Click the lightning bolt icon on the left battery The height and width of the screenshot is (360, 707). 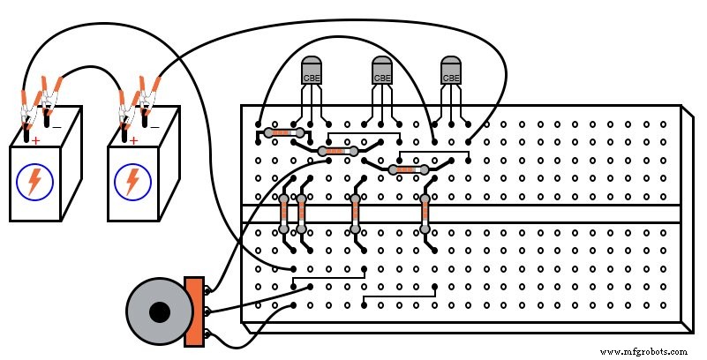point(34,182)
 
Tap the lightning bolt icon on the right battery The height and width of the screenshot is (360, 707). point(132,182)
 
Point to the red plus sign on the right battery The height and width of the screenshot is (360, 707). point(133,139)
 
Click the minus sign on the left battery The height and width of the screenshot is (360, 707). point(56,126)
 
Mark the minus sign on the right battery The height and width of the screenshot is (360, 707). point(154,126)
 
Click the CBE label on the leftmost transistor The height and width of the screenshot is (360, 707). point(312,78)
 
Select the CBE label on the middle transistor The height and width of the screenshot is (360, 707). point(381,78)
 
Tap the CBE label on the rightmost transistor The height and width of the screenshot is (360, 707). point(451,78)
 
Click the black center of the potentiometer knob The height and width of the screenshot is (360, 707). point(159,312)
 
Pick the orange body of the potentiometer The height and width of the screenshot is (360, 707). point(193,311)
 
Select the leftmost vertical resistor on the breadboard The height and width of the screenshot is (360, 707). point(284,213)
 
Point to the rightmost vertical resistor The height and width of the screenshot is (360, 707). point(425,213)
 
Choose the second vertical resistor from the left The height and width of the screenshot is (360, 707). point(302,213)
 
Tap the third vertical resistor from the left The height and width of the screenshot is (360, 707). point(355,213)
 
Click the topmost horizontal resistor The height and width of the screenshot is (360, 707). point(283,133)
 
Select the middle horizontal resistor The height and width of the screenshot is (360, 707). point(336,152)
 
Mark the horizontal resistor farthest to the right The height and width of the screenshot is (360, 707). point(407,169)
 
